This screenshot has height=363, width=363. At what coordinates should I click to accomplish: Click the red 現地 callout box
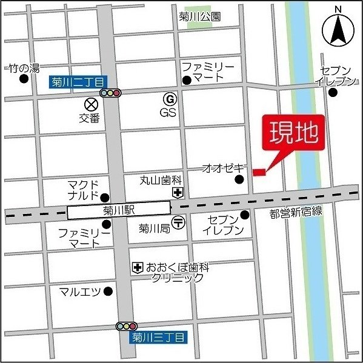pos(293,132)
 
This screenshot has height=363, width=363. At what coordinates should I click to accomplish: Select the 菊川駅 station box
pos(119,210)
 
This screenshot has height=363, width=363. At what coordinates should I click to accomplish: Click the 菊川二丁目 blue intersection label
pos(76,81)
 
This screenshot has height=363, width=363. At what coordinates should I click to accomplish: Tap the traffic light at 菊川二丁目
pos(111,93)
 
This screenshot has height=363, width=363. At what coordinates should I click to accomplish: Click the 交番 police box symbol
pos(90,104)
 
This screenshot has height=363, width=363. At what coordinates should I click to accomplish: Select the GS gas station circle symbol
pos(170,98)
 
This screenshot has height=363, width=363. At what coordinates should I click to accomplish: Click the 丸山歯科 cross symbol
pos(178,193)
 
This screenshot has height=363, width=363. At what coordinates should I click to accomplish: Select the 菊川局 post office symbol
pos(178,223)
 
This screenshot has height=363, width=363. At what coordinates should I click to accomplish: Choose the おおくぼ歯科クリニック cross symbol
pos(138,267)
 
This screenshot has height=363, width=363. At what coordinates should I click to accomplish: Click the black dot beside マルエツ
pos(108,291)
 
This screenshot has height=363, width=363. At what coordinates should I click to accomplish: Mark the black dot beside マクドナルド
pos(104,197)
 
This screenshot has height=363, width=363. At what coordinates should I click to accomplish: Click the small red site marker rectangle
pos(259,173)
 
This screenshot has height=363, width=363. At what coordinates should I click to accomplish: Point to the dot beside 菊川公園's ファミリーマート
pos(187,80)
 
